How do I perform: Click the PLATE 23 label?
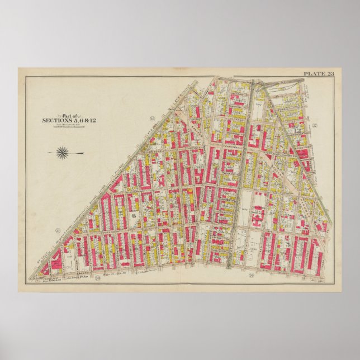tap(318, 73)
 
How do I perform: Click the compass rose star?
tap(63, 151)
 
